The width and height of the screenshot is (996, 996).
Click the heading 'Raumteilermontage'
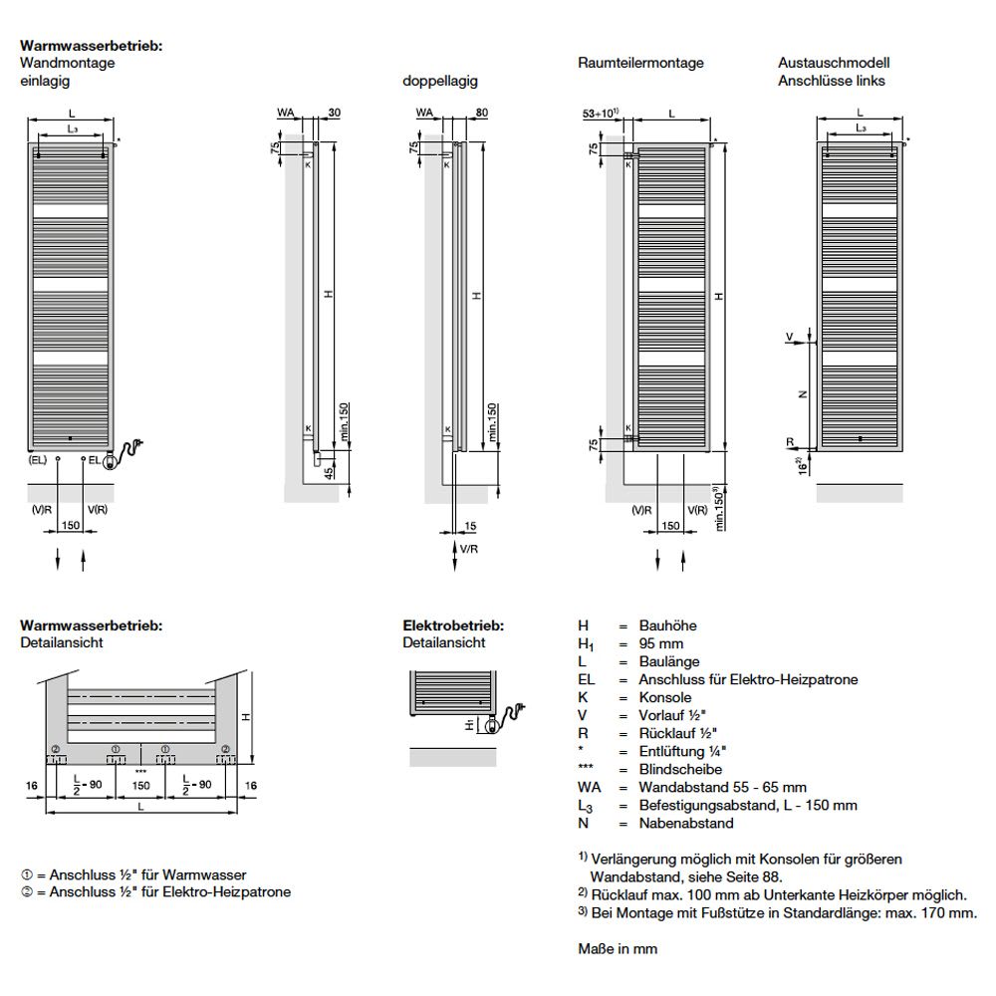(640, 63)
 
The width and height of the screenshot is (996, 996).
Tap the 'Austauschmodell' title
(833, 63)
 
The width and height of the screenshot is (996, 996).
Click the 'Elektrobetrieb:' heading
(453, 625)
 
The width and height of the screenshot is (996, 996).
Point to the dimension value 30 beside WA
(334, 114)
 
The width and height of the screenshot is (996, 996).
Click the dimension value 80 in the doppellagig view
(482, 114)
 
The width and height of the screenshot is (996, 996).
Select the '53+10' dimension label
(601, 114)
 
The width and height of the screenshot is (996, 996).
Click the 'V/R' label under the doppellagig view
(468, 549)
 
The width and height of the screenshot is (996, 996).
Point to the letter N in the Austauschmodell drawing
(802, 393)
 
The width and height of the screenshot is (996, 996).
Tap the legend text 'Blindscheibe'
(677, 769)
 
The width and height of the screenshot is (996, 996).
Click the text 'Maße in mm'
(618, 949)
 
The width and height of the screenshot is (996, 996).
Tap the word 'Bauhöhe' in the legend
(667, 625)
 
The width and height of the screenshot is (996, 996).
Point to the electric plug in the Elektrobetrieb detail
(513, 713)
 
